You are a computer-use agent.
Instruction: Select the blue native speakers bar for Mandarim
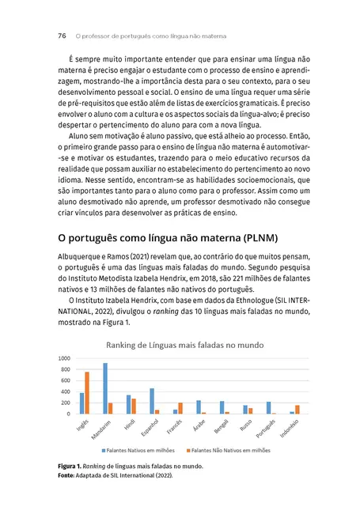105,388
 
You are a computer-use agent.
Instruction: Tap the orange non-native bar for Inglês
86,393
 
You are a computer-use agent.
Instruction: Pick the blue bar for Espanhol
152,401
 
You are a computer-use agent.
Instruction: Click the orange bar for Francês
180,408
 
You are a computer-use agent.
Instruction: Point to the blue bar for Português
268,407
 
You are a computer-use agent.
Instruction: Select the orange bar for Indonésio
297,409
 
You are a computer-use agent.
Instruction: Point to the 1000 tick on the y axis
64,359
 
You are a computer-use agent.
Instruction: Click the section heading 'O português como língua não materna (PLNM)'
166,237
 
